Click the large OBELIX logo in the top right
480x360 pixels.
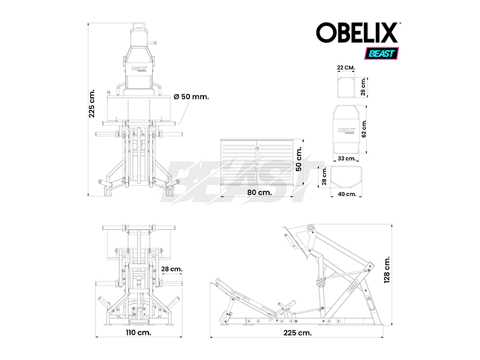click(357, 32)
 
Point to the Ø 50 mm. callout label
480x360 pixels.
click(191, 97)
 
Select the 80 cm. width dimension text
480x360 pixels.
click(259, 193)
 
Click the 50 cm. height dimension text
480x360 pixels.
click(299, 160)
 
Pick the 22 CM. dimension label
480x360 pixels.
click(345, 67)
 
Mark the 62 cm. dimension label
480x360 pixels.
click(364, 129)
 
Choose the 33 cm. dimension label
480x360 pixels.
click(345, 159)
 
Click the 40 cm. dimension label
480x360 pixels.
click(346, 194)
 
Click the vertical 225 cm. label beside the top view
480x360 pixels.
click(92, 102)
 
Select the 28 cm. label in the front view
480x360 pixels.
click(171, 269)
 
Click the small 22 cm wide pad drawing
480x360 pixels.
click(345, 88)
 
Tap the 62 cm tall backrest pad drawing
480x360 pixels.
click(345, 128)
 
